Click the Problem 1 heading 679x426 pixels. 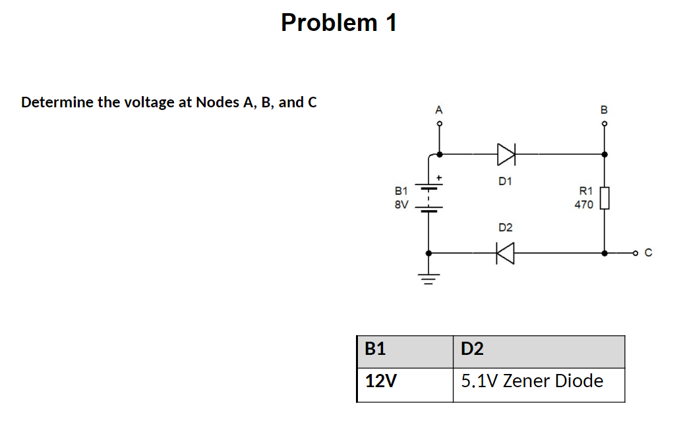click(339, 22)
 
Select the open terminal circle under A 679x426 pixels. click(440, 123)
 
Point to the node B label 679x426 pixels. click(604, 109)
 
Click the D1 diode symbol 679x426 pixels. click(506, 154)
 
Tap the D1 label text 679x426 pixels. click(506, 180)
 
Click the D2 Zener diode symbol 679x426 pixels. click(506, 252)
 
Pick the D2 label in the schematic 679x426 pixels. click(506, 228)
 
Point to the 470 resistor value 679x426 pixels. click(583, 205)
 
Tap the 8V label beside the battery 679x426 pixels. click(401, 205)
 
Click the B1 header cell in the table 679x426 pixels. click(405, 350)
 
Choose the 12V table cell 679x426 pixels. click(405, 383)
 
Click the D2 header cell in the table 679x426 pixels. click(538, 350)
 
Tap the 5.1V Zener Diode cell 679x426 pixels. click(538, 383)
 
